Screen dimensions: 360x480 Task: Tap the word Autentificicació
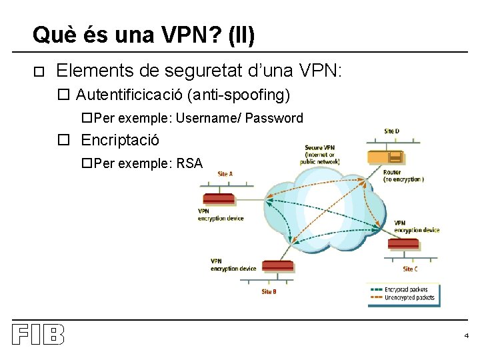point(131,95)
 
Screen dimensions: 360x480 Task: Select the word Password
point(274,118)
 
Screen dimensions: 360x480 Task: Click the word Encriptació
point(120,140)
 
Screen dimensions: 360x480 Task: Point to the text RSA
point(189,163)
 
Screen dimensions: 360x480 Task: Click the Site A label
point(225,174)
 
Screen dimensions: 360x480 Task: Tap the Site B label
point(269,291)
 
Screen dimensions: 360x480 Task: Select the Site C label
point(411,269)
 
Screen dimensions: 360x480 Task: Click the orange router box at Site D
point(386,157)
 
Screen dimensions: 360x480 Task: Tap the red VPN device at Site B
point(277,266)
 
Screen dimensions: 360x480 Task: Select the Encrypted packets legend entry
point(404,290)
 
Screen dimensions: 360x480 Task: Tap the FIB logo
point(38,334)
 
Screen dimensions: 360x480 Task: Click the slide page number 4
point(467,335)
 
